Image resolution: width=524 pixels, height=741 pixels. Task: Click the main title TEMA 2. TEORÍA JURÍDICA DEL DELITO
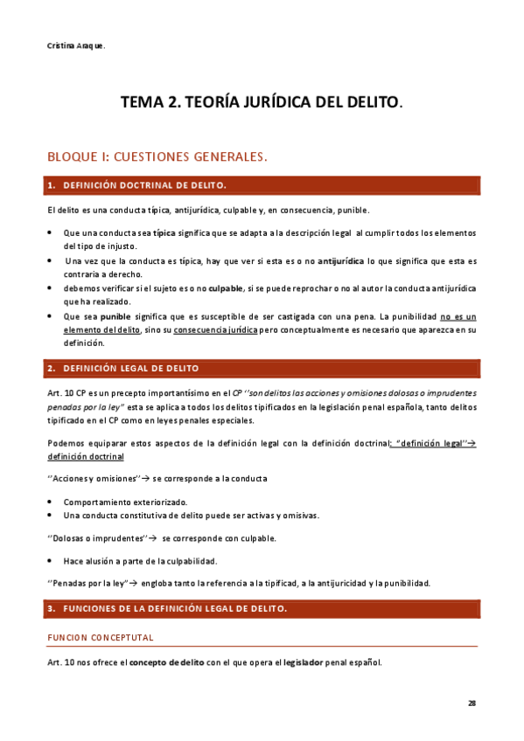(x=262, y=103)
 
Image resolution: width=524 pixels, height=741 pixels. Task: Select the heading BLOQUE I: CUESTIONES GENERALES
(x=157, y=157)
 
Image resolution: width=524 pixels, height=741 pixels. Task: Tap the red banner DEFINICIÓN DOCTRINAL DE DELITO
(x=262, y=185)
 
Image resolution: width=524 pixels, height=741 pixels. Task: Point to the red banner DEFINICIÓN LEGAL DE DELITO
(x=262, y=369)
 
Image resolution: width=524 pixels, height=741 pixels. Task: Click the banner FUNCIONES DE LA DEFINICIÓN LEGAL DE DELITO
(x=262, y=607)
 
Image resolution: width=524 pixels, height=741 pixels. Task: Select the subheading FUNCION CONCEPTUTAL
(x=101, y=637)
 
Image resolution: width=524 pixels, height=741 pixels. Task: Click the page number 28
(x=472, y=703)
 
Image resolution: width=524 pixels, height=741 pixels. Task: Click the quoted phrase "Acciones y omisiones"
(x=93, y=479)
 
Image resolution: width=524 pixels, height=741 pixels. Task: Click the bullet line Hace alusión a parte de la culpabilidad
(x=140, y=560)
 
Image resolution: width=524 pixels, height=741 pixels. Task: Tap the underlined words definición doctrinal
(x=86, y=456)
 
